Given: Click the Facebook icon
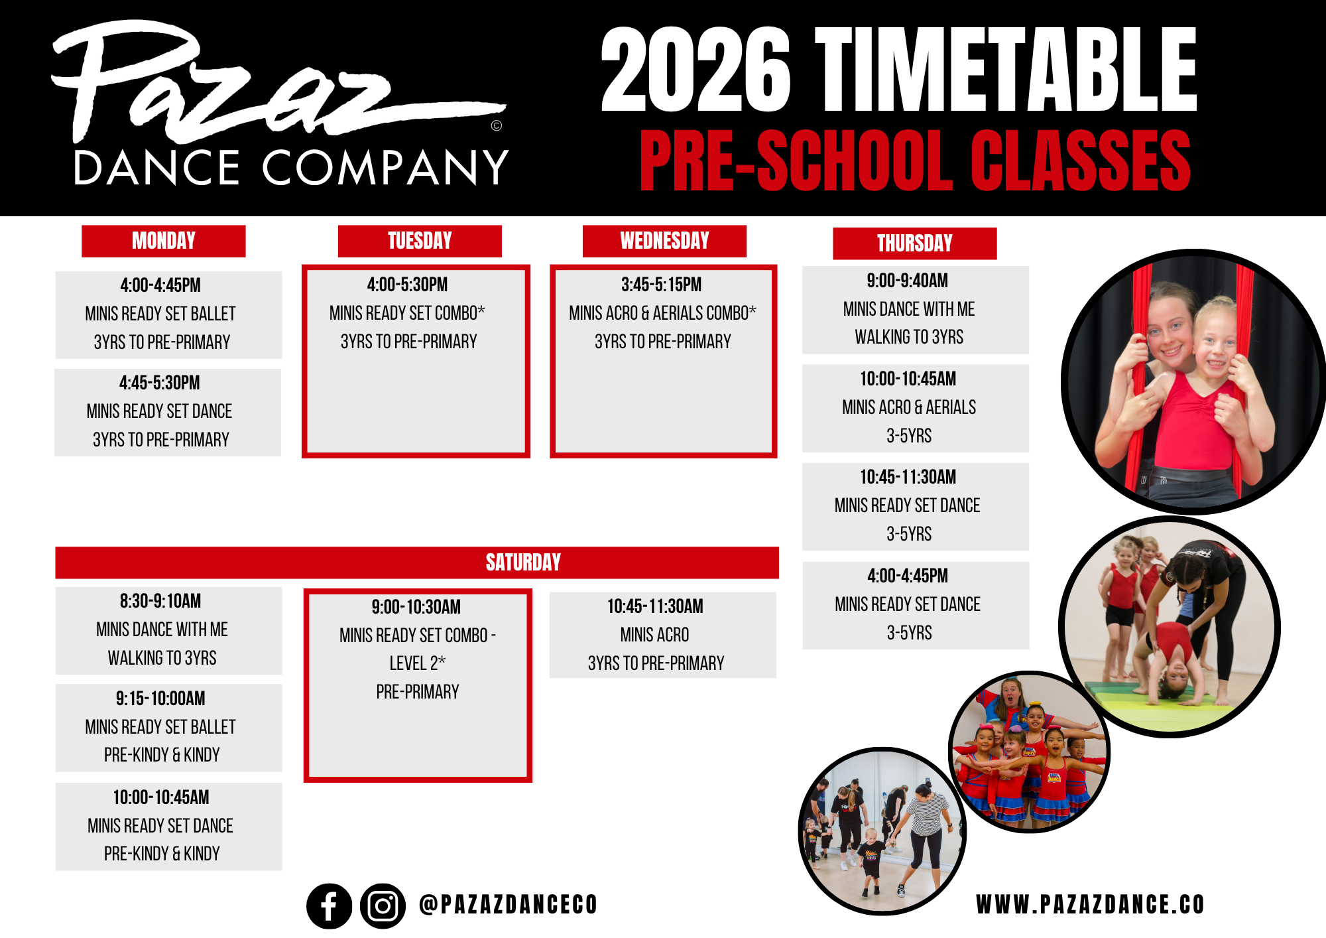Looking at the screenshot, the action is pyautogui.click(x=329, y=905).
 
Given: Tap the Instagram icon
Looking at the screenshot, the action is pyautogui.click(x=383, y=905).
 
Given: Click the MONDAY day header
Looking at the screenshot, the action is pyautogui.click(x=164, y=241).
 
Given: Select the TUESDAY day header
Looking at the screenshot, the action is pyautogui.click(x=420, y=241).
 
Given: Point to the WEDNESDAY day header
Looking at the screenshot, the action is pyautogui.click(x=664, y=241).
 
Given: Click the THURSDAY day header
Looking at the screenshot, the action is pyautogui.click(x=915, y=243).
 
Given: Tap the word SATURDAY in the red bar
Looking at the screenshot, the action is pyautogui.click(x=523, y=563).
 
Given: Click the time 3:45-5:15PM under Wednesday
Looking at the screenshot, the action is pyautogui.click(x=661, y=285).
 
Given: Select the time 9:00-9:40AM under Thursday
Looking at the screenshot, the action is pyautogui.click(x=907, y=281).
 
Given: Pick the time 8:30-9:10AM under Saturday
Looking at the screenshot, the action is pyautogui.click(x=160, y=601).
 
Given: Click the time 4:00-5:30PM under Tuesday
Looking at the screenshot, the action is pyautogui.click(x=407, y=285).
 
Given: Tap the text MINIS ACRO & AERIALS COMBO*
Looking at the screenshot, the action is pyautogui.click(x=662, y=312).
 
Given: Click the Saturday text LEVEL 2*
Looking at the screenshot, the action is pyautogui.click(x=417, y=663).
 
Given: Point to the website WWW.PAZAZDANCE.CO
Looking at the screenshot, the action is pyautogui.click(x=1090, y=905).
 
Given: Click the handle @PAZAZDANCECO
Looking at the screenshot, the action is pyautogui.click(x=509, y=904).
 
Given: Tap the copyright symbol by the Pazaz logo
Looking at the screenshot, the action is pyautogui.click(x=497, y=125).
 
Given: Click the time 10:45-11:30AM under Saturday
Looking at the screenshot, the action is pyautogui.click(x=655, y=606).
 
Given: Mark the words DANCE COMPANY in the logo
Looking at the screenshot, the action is pyautogui.click(x=291, y=167).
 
